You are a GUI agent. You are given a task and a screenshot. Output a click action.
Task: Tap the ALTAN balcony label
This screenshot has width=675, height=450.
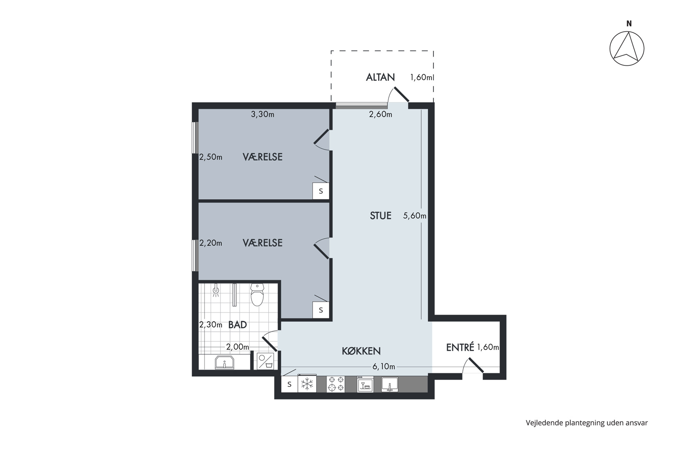click(x=380, y=77)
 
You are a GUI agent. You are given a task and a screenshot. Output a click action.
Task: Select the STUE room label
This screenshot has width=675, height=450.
click(x=380, y=216)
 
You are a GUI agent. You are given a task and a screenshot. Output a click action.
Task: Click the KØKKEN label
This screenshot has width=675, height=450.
click(x=361, y=351)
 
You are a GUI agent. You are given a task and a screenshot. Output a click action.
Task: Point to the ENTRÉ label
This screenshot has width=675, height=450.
click(x=460, y=347)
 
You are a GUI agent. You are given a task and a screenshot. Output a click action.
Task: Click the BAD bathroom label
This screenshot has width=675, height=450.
click(x=237, y=325)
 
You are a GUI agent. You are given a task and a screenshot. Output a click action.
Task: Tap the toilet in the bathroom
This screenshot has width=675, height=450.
click(x=257, y=295)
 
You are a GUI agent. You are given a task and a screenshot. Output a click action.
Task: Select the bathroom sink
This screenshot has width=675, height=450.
click(x=225, y=362)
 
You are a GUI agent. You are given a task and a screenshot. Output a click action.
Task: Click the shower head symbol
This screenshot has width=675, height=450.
click(x=216, y=290)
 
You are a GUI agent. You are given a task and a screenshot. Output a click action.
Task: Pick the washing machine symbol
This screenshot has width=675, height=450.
click(x=265, y=361)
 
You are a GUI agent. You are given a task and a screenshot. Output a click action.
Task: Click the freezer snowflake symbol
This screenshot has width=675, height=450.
click(x=307, y=384)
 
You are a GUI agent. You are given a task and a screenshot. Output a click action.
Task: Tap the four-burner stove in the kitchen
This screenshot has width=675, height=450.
click(x=335, y=384)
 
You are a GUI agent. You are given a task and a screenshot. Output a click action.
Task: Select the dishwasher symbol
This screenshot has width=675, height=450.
click(x=365, y=384)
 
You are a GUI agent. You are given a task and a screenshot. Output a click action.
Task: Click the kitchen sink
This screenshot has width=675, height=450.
click(x=390, y=384)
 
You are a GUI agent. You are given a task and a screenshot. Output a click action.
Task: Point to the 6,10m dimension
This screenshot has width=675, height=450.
click(x=384, y=367)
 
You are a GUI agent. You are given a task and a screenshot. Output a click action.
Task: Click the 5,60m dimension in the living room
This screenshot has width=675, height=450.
click(x=415, y=216)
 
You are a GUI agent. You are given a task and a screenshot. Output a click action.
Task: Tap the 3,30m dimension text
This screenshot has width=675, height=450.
click(x=262, y=114)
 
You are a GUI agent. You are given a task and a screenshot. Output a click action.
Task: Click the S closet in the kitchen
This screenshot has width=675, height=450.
click(x=289, y=384)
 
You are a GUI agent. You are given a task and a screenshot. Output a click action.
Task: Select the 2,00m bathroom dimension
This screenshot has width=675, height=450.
click(x=237, y=347)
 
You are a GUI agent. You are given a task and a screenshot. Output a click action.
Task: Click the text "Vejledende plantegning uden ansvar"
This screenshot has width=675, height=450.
click(x=587, y=423)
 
